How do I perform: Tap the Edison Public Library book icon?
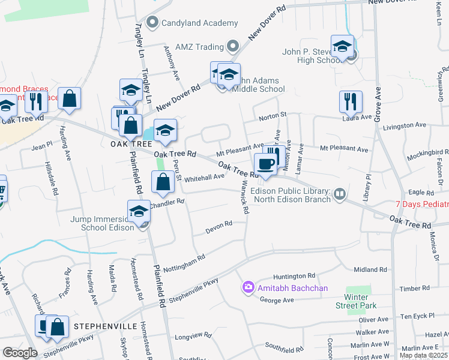coord(340,194)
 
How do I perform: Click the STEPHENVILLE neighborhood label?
coord(107,326)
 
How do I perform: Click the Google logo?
coord(19,352)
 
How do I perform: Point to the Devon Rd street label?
coord(219,227)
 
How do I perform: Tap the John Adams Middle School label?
coord(258,84)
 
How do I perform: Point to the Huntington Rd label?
coord(294,276)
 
